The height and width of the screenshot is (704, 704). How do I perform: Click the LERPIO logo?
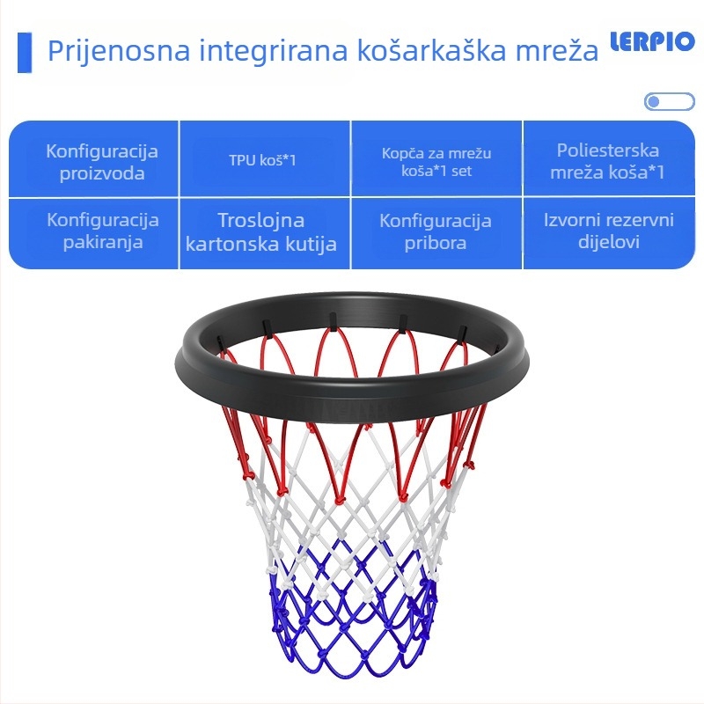652,43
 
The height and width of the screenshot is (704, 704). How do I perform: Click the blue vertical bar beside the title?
25,52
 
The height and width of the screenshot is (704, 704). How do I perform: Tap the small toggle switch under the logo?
669,102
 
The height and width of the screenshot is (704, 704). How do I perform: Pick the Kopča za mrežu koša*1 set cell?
436,161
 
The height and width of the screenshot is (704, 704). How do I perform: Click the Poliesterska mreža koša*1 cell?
607,161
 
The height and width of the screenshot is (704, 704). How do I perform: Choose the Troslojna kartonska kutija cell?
261,231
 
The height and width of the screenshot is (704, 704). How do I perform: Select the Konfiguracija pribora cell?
436,231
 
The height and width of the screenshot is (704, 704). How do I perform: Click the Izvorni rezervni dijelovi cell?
608,231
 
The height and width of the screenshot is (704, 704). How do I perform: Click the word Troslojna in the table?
261,220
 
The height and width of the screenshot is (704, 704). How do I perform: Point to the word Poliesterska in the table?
607,150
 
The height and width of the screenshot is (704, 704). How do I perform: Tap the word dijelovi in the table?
608,242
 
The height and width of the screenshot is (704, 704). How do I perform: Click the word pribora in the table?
436,242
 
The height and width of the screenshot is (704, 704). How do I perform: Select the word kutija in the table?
309,244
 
